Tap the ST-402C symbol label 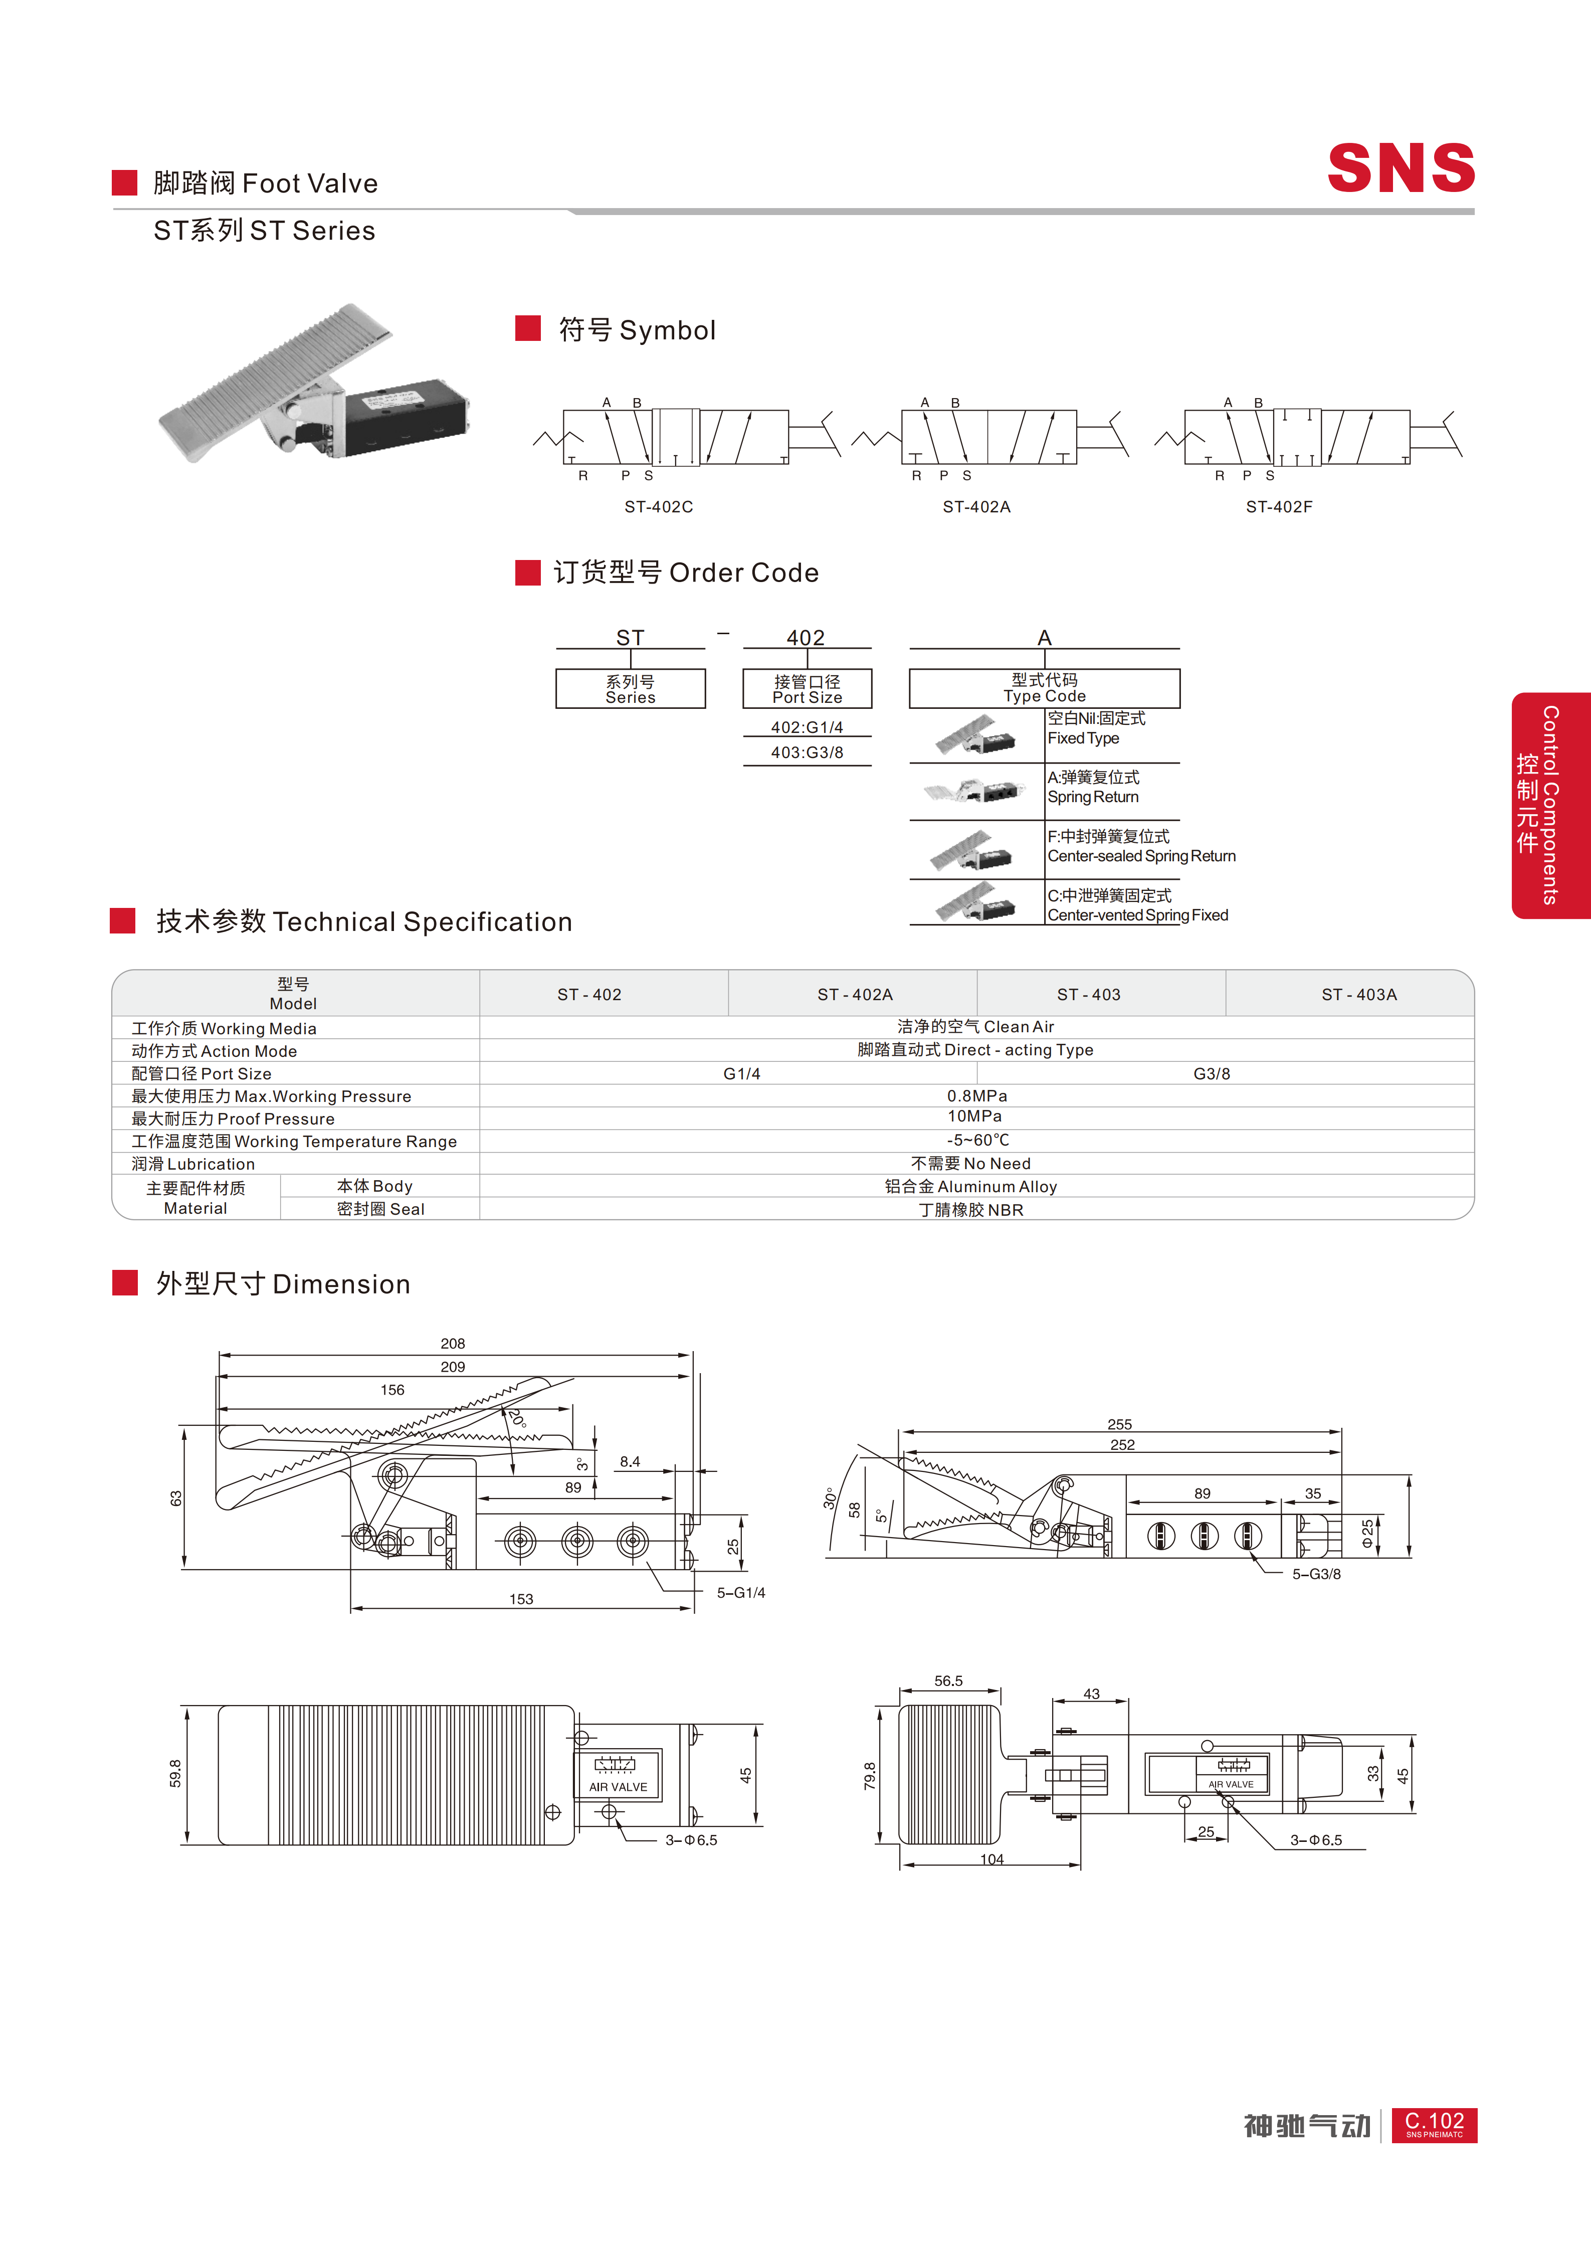(659, 507)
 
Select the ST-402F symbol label (1279, 507)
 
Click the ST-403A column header (1359, 994)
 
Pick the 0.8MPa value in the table (976, 1095)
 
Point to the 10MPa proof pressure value (974, 1116)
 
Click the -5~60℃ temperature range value (977, 1140)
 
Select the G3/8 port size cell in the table (1212, 1073)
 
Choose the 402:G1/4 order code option (807, 727)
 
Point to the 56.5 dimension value (948, 1680)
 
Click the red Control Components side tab (1551, 806)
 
